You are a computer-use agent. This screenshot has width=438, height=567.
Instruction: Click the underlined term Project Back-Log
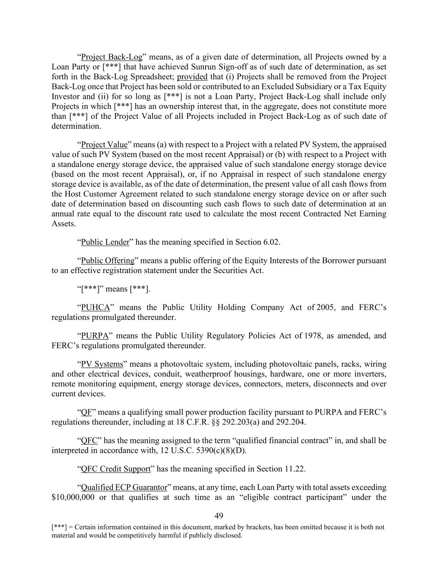coord(112,57)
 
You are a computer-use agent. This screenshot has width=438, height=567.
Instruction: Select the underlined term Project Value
coord(104,145)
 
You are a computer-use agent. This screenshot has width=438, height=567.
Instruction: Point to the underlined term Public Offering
coord(108,261)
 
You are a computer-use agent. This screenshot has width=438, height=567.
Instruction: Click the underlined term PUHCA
coord(95,308)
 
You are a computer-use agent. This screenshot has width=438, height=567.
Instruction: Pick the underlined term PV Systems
coord(102,364)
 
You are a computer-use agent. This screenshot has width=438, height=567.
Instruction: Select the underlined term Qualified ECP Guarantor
coord(124,487)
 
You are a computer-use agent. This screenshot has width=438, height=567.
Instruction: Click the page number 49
coord(219,516)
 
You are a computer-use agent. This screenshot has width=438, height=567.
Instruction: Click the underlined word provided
coord(192,77)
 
